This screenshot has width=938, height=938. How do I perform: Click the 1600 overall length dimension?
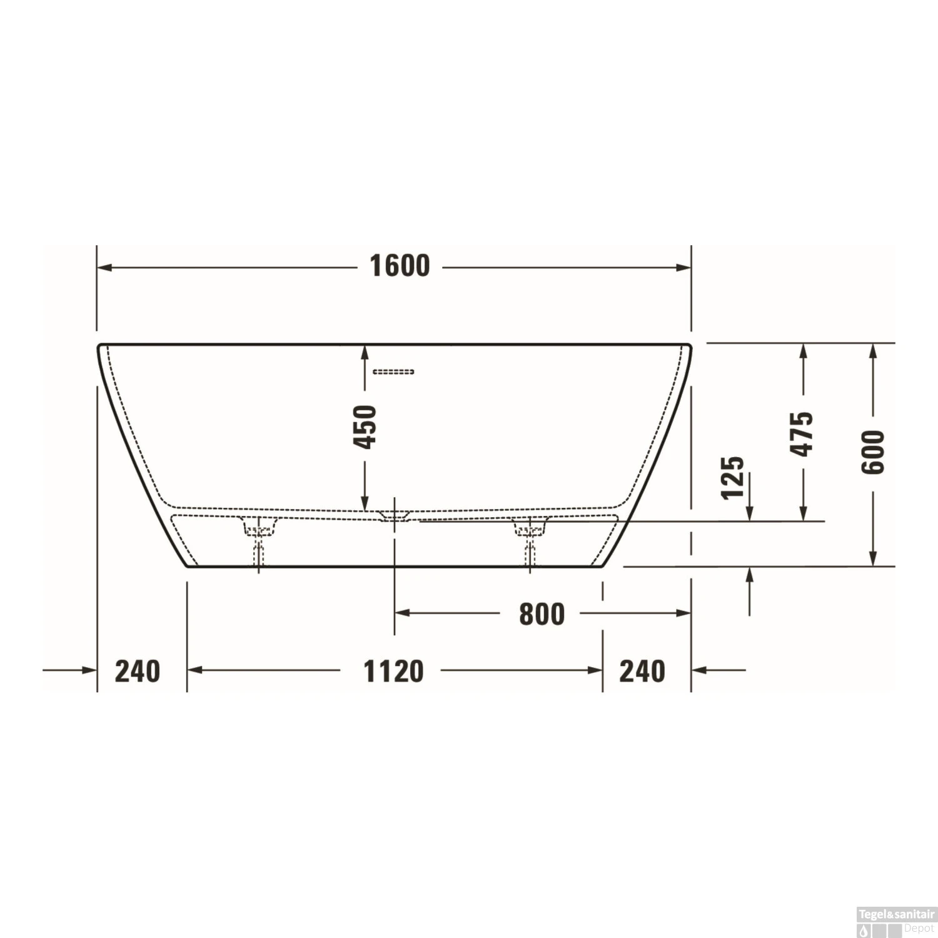400,266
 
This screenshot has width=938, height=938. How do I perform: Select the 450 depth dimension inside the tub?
365,426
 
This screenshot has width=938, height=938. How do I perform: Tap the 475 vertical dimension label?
801,433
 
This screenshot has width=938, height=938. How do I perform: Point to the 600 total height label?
874,451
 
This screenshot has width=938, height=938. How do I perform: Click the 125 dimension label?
733,477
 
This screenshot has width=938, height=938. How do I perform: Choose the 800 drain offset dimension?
542,614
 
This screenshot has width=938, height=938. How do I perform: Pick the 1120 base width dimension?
393,671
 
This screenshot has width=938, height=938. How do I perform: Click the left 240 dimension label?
138,671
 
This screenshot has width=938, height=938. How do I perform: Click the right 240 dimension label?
642,671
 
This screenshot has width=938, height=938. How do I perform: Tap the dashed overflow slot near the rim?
393,372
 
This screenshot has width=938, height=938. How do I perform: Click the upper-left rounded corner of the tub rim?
101,347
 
